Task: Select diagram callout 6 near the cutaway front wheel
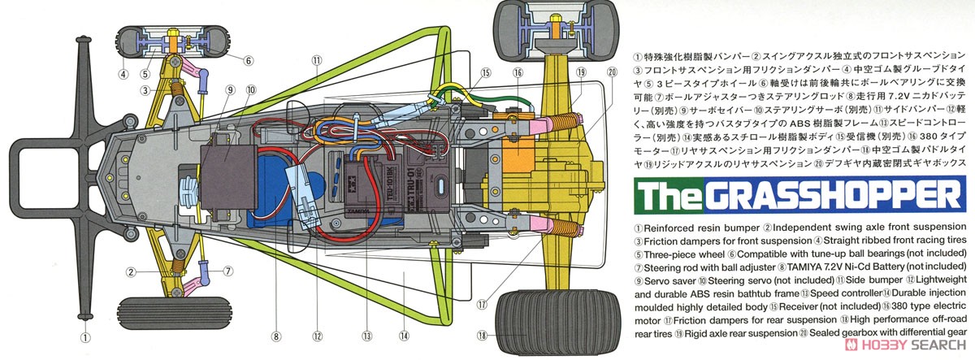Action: point(249,59)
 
